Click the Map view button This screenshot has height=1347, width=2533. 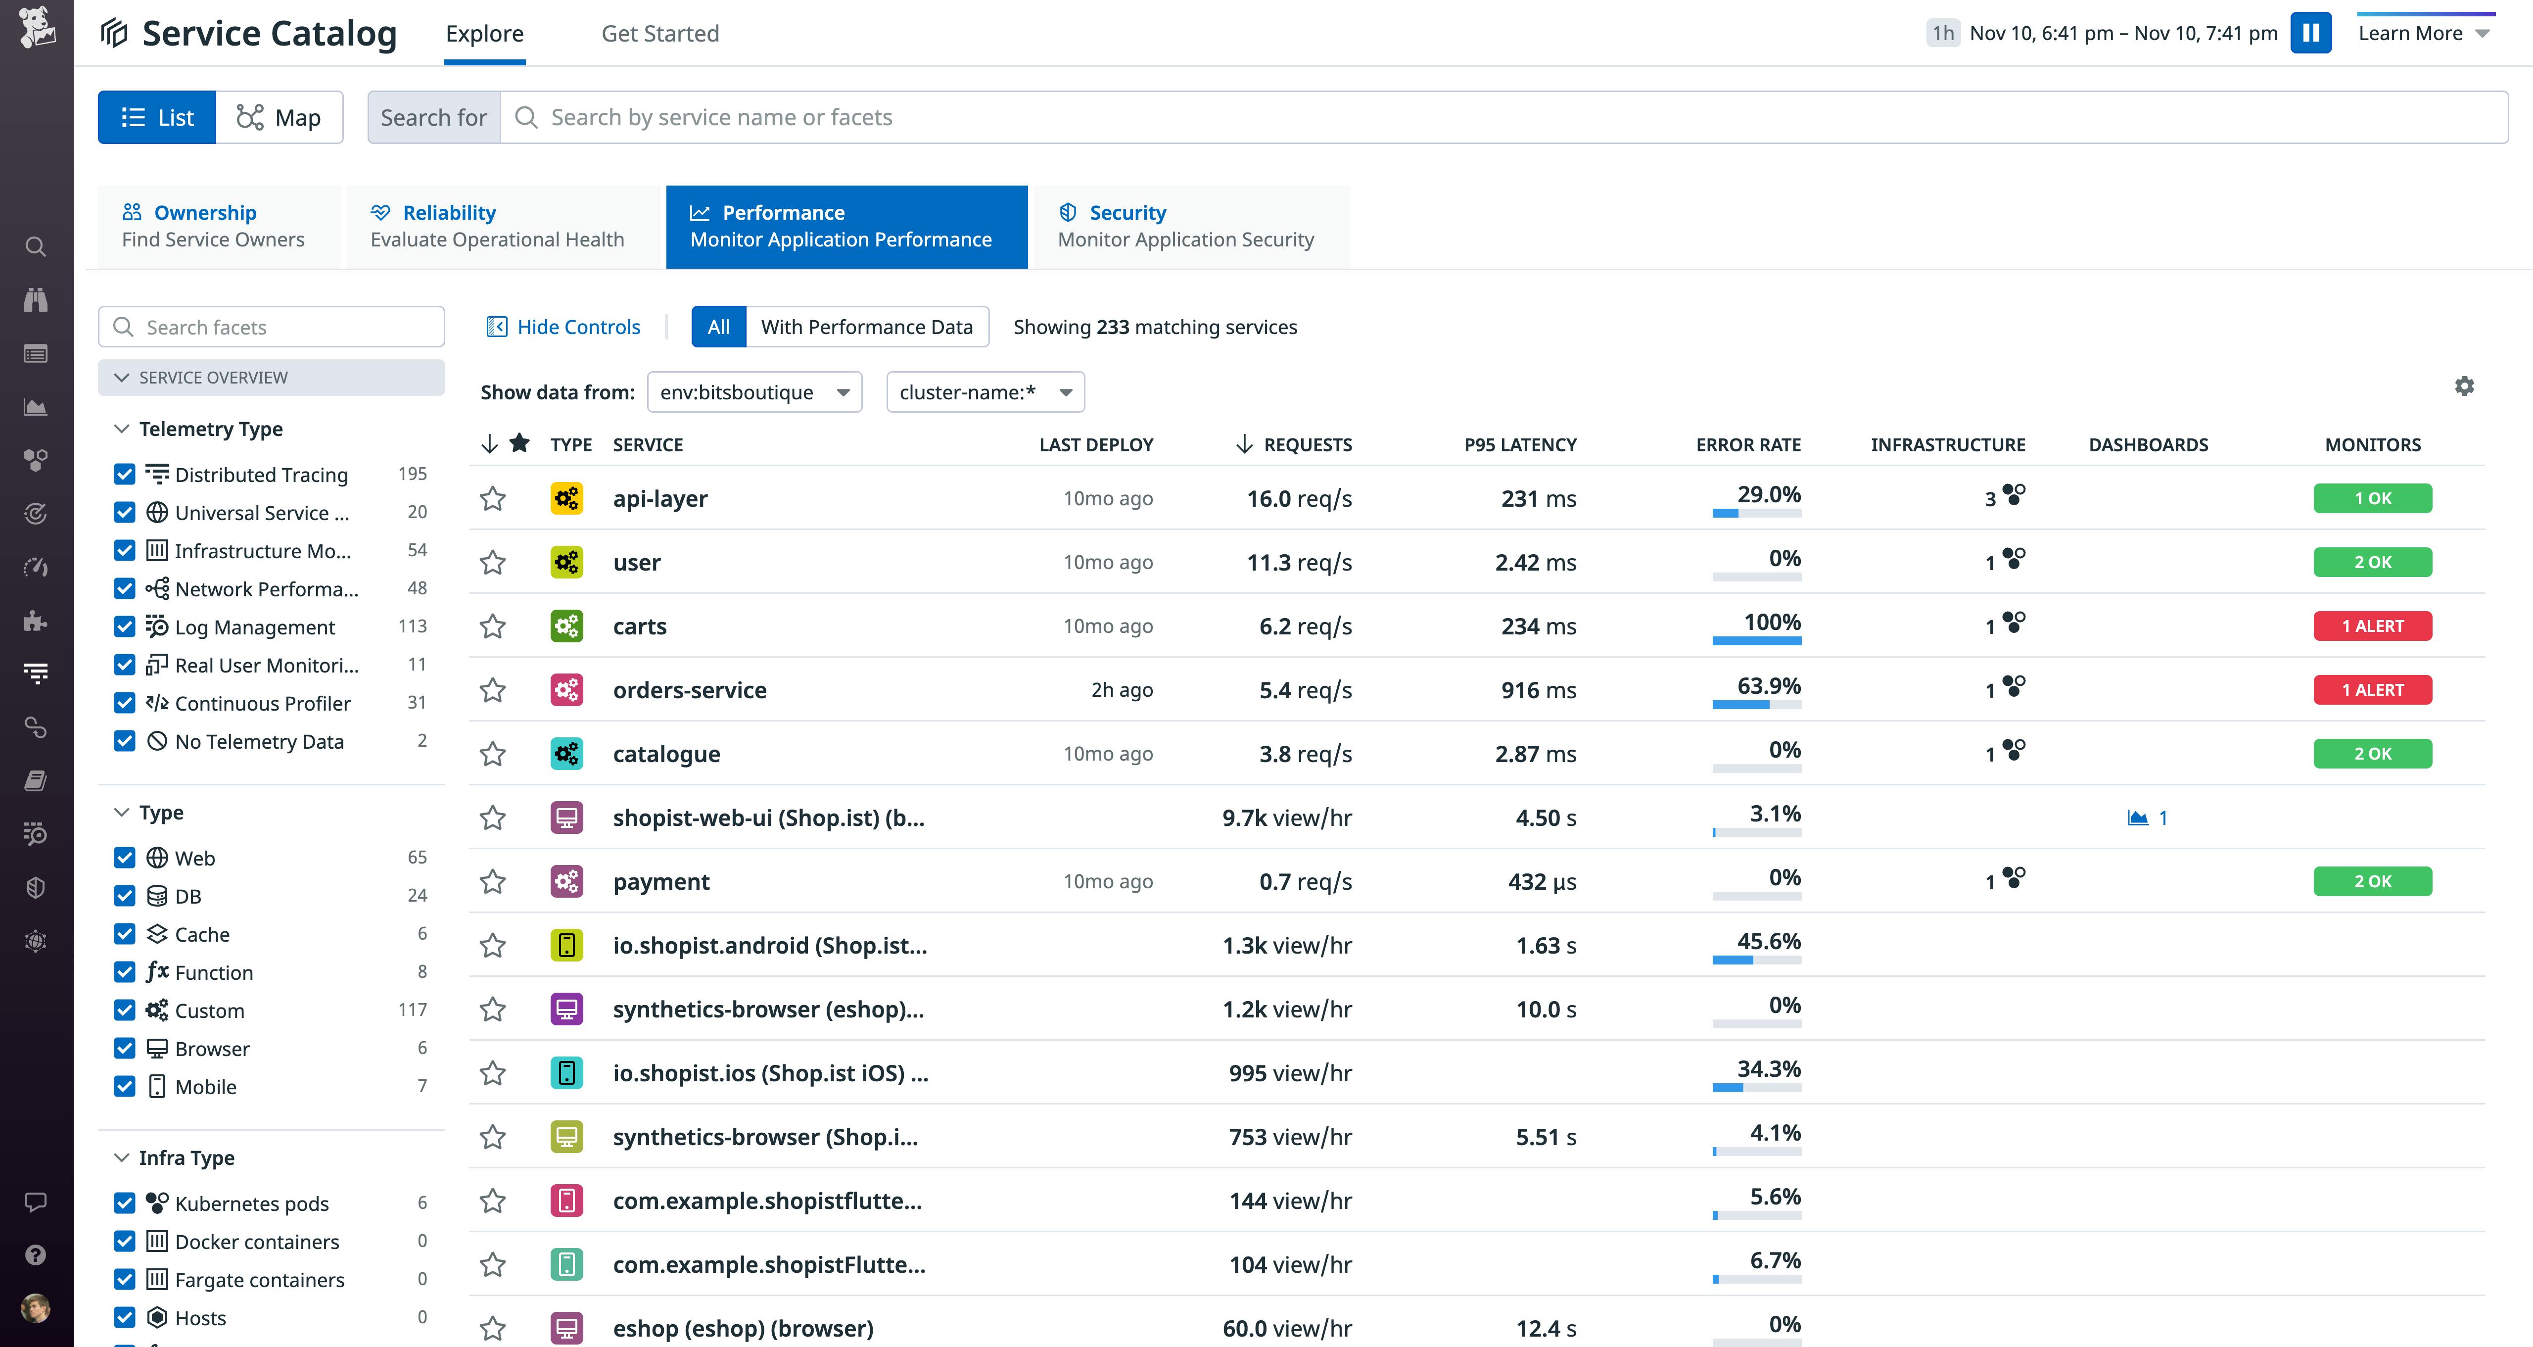(x=279, y=118)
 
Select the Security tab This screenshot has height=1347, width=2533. (x=1186, y=226)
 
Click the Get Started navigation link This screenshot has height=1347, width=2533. (x=660, y=34)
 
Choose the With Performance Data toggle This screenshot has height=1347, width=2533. (x=866, y=328)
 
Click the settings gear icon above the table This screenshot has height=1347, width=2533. (x=2464, y=386)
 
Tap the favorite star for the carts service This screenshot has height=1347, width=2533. (x=493, y=626)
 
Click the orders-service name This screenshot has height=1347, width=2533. (x=689, y=690)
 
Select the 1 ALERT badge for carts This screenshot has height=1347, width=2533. (x=2372, y=626)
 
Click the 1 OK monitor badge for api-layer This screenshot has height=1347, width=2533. (x=2372, y=498)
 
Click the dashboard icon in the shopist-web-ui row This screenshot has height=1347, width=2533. (x=2138, y=818)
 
